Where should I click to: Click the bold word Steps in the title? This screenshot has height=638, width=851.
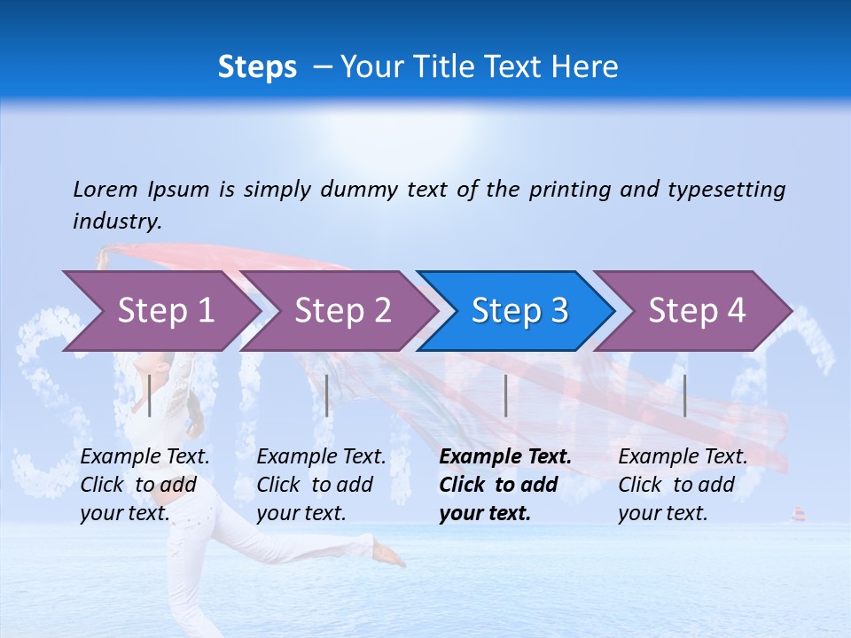[257, 67]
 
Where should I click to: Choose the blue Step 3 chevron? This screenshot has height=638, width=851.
[519, 311]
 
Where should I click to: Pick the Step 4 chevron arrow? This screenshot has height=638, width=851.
[697, 311]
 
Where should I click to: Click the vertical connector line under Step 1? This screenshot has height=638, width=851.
[150, 395]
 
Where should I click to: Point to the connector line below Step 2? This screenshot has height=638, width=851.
[327, 395]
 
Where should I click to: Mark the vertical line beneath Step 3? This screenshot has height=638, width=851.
[505, 395]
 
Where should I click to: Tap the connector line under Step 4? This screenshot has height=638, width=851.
[684, 395]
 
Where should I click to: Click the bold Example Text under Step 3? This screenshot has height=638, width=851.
[505, 457]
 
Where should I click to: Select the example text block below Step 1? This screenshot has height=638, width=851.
[144, 485]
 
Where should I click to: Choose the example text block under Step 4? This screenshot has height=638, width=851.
[683, 485]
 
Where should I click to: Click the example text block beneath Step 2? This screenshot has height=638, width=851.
[321, 485]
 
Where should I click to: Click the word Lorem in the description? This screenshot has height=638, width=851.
[105, 190]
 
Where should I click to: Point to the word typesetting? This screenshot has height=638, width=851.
[726, 190]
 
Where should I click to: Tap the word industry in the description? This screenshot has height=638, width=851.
[117, 222]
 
